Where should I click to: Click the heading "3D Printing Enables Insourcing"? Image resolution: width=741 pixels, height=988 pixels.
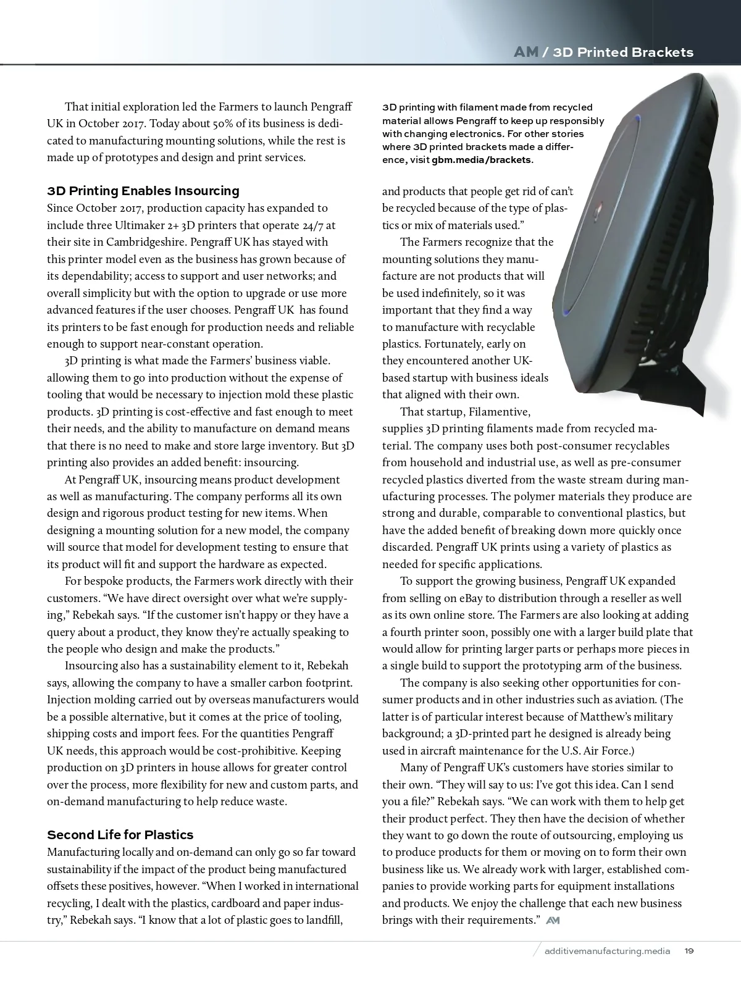pyautogui.click(x=143, y=191)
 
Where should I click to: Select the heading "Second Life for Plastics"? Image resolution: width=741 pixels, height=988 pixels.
pyautogui.click(x=120, y=835)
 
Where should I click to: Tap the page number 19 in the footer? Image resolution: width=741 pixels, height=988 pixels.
pyautogui.click(x=689, y=951)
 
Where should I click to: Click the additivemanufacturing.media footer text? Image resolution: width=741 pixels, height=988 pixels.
pyautogui.click(x=608, y=951)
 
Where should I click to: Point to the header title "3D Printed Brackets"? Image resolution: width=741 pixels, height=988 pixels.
pyautogui.click(x=623, y=52)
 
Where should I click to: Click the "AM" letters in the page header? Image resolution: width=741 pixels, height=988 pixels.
pyautogui.click(x=525, y=52)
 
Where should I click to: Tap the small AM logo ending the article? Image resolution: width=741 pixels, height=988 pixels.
pyautogui.click(x=553, y=921)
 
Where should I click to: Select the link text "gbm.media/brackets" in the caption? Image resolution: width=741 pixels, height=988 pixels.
pyautogui.click(x=482, y=160)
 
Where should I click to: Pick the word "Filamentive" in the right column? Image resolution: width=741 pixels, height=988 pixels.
pyautogui.click(x=499, y=412)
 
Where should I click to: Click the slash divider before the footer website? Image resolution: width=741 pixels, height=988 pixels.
pyautogui.click(x=537, y=950)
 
